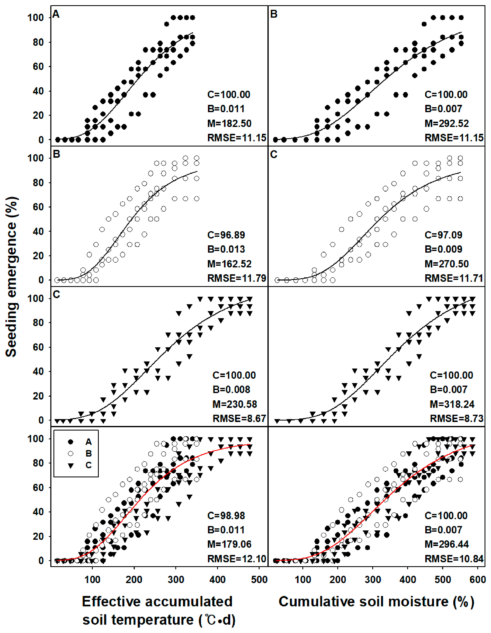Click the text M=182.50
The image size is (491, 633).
pos(229,123)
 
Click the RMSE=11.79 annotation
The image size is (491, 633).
pos(236,278)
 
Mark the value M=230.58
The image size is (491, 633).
pos(235,404)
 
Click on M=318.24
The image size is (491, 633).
pos(452,404)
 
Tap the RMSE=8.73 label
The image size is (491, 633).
pos(456,418)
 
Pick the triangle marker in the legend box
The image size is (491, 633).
pos(70,465)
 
